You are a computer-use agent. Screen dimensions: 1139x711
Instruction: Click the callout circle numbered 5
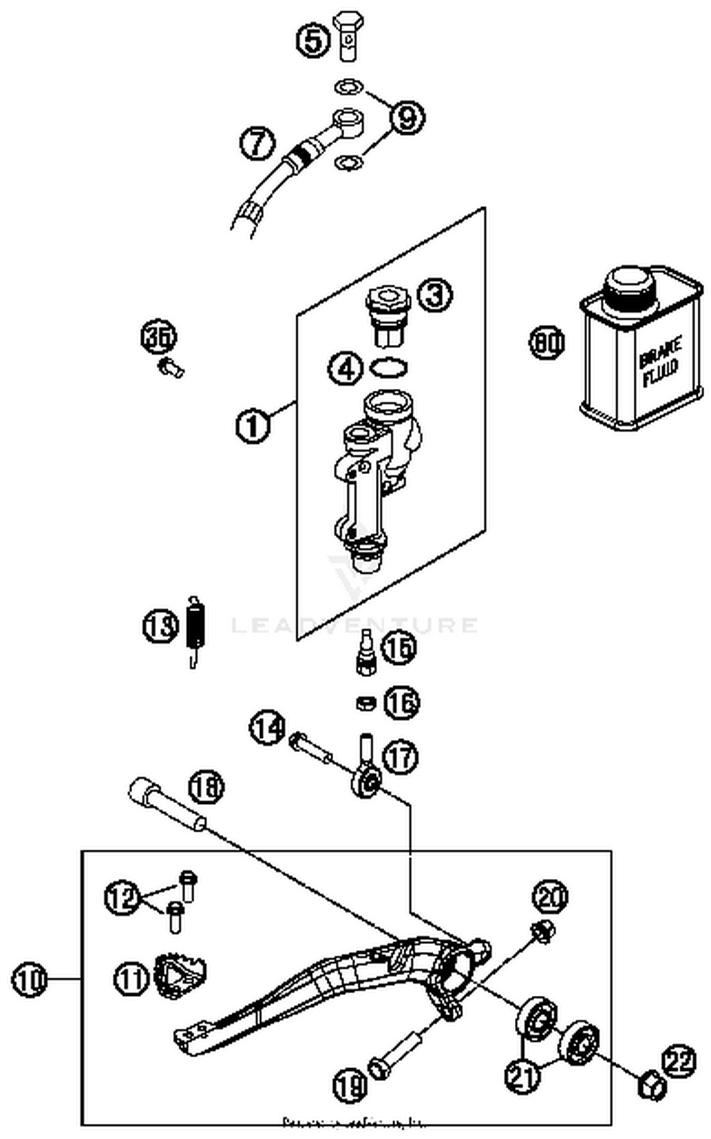(313, 41)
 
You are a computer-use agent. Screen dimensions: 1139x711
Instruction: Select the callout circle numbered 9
(407, 117)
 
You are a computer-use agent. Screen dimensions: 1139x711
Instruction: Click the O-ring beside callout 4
(389, 367)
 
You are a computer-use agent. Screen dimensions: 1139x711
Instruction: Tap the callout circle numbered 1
(253, 425)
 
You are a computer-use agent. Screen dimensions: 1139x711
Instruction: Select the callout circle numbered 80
(547, 342)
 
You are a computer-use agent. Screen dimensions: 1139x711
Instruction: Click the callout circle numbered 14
(267, 727)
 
